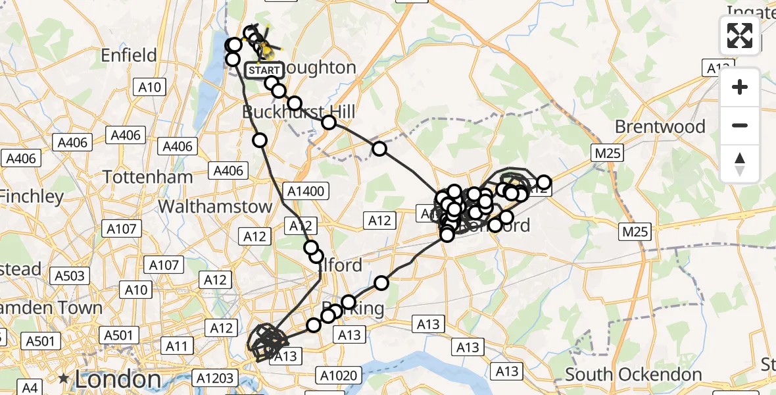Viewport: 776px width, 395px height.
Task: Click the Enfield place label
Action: coord(129,55)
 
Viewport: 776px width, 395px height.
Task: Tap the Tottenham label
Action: coord(149,176)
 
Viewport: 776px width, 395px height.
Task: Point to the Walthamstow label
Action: coord(216,206)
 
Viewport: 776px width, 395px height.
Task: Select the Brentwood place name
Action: coord(660,126)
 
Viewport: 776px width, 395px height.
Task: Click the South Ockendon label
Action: coord(633,375)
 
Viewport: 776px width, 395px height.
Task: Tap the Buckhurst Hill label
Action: coord(299,112)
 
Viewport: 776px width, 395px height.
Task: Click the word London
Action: coord(118,379)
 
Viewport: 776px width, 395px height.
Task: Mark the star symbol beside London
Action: coord(64,379)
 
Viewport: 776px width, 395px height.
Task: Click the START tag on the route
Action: coord(263,70)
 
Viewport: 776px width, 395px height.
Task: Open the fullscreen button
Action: coord(740,36)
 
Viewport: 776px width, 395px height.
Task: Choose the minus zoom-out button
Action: coord(740,125)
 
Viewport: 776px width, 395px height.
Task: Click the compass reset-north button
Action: coord(740,163)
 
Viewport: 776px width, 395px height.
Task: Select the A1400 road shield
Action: coord(304,192)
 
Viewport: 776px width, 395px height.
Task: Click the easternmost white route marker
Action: coord(544,182)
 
